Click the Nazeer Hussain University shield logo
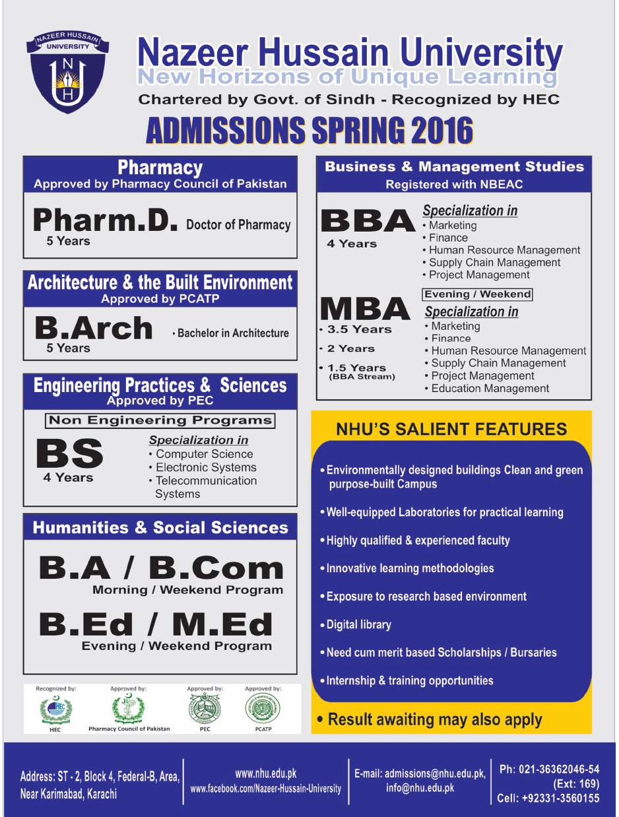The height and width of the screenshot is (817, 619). pos(67,71)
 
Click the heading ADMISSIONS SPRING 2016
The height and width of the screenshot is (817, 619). pos(309,130)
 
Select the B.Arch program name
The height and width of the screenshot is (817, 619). pos(93,328)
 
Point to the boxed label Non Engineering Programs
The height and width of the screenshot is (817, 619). pos(160,420)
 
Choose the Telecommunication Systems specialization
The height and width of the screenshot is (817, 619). pos(206,487)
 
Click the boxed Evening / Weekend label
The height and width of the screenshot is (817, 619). pos(477,294)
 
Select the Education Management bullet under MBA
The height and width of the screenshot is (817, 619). pos(490,389)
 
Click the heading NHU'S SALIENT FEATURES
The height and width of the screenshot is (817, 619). pos(451,430)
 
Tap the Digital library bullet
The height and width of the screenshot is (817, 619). pos(359,624)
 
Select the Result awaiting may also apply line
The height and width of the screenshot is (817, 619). pos(434,719)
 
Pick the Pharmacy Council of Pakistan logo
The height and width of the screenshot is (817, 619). pos(129,709)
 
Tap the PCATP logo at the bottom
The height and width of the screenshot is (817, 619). pos(262,709)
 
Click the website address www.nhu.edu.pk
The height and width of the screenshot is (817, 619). pos(265,773)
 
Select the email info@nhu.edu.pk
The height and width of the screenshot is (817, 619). pos(420,788)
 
